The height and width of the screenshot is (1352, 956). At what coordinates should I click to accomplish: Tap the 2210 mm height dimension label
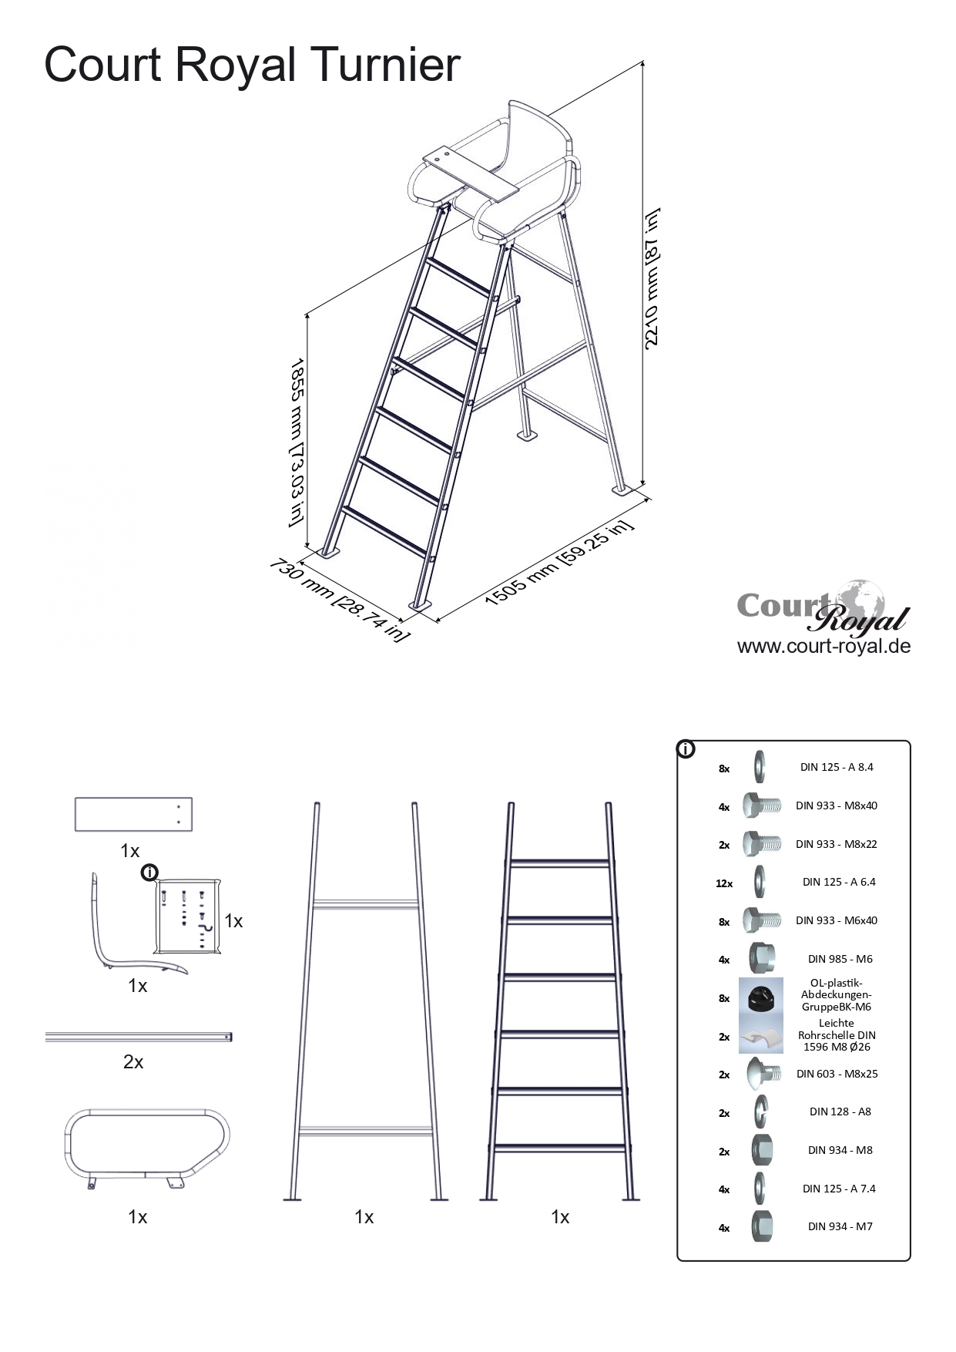(x=652, y=278)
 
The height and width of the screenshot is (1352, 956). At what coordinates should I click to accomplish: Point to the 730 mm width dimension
(x=339, y=600)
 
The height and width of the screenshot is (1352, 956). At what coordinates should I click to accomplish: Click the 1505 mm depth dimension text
(x=559, y=563)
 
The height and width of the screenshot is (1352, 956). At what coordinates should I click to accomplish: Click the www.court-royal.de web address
(x=824, y=646)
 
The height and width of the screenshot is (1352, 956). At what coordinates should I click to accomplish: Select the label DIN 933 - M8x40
(x=837, y=805)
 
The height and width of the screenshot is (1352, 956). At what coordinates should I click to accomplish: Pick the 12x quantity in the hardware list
(x=724, y=883)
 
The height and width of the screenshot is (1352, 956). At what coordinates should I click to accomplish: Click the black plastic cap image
(x=761, y=997)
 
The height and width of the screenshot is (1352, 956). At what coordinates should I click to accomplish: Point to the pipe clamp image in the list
(x=761, y=1037)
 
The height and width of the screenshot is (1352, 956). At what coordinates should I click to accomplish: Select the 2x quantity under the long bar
(x=133, y=1062)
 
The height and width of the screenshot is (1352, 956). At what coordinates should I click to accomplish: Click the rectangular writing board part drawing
(x=133, y=814)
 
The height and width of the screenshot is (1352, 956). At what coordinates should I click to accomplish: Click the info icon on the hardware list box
(x=686, y=748)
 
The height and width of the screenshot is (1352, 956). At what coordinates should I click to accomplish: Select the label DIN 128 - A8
(x=840, y=1112)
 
